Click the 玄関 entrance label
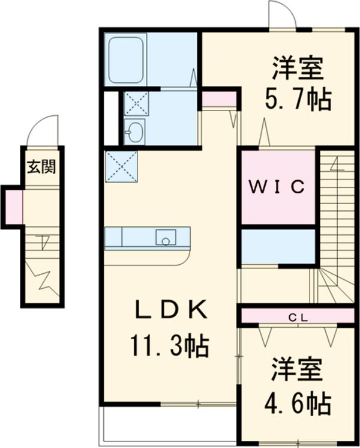(x=41, y=166)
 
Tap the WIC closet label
(x=278, y=186)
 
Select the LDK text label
(x=170, y=310)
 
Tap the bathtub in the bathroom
(x=125, y=59)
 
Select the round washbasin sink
(x=136, y=131)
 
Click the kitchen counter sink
(x=166, y=237)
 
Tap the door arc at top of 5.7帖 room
(x=282, y=14)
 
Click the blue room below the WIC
(x=278, y=246)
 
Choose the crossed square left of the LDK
(x=121, y=166)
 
